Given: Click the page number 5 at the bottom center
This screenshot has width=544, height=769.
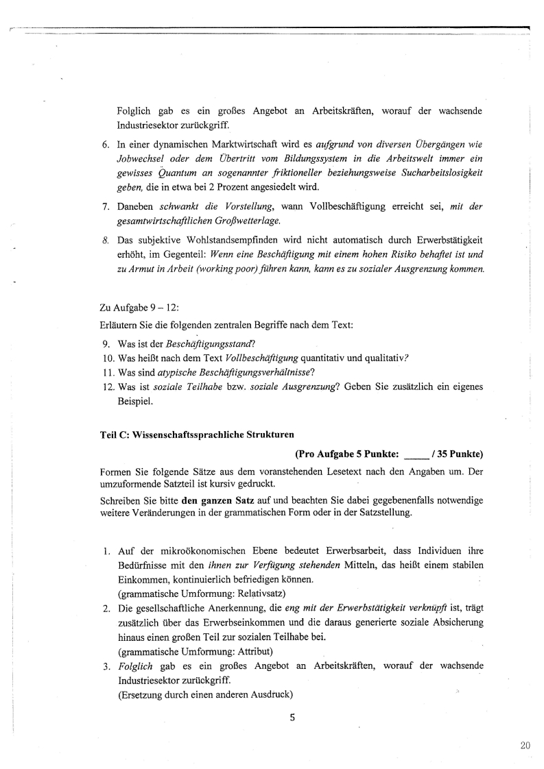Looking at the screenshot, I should coord(292,718).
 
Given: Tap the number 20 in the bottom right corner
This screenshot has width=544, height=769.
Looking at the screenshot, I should coord(525,746).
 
